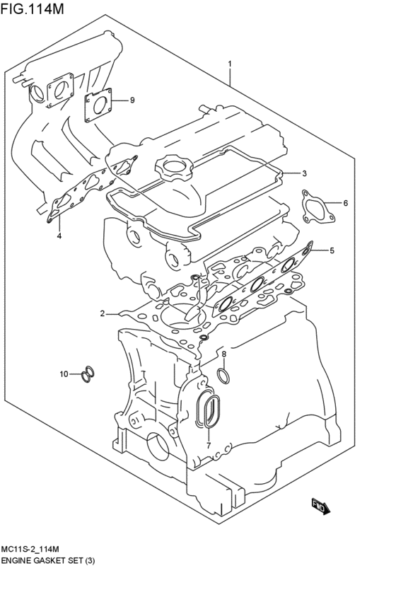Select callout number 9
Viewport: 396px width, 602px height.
[132, 100]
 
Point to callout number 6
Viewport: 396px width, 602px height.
[346, 203]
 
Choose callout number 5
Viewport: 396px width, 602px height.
[332, 250]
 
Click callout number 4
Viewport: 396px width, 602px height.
[59, 235]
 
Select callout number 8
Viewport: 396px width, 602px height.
[223, 354]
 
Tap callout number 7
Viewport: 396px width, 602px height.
[209, 444]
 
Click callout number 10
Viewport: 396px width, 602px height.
[64, 374]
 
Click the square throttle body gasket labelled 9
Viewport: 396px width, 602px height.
[100, 105]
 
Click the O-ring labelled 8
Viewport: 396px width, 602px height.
[223, 374]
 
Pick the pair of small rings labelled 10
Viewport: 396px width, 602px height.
[88, 374]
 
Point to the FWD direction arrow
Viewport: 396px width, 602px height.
[320, 505]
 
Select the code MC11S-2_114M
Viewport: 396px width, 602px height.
[35, 549]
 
